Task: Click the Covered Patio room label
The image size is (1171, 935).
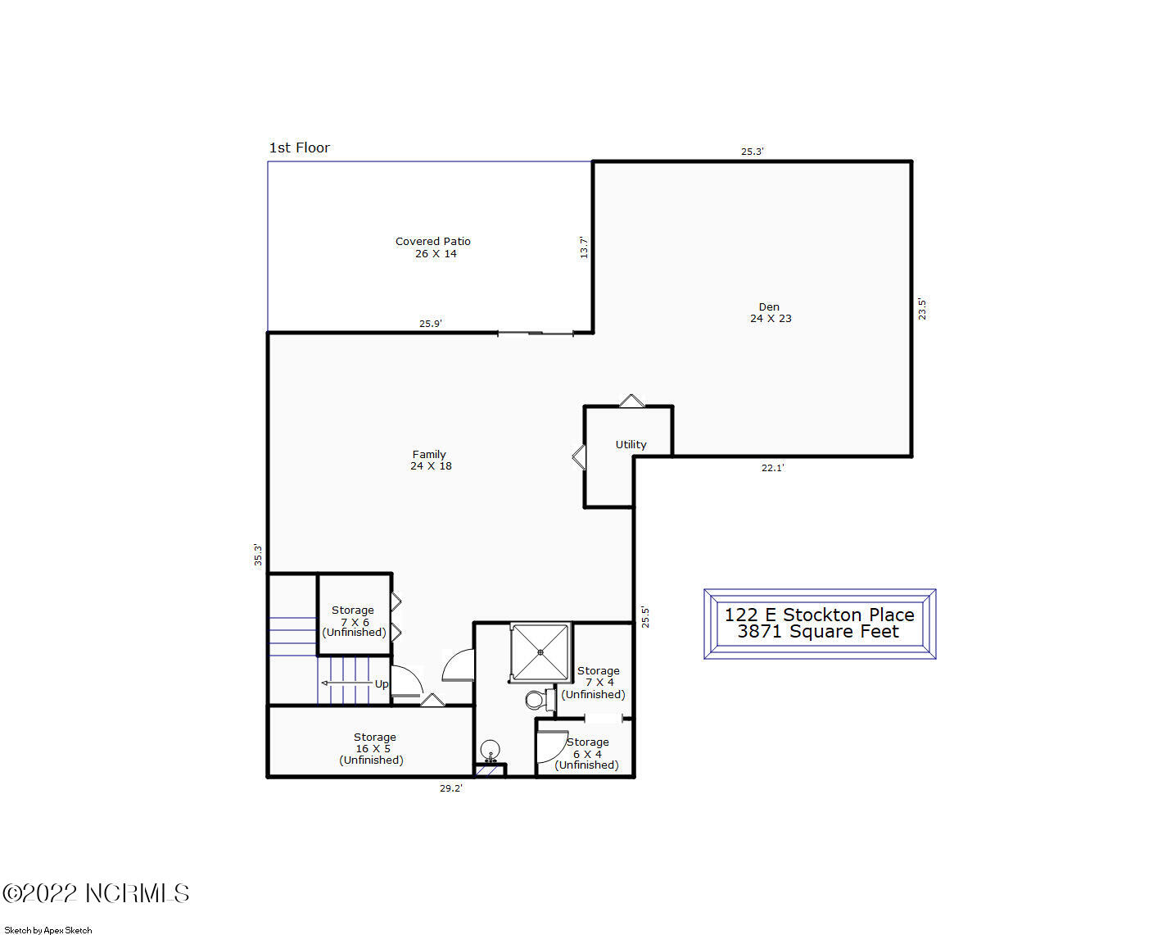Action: (433, 247)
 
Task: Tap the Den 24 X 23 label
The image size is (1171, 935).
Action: (770, 313)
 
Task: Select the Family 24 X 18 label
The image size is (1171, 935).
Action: (430, 460)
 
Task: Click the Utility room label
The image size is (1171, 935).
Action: (631, 444)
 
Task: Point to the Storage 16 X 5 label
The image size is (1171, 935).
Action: (373, 748)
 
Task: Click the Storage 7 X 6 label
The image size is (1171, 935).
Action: (354, 621)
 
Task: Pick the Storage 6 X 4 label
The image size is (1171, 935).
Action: (587, 753)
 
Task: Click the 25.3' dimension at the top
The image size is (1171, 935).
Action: (752, 152)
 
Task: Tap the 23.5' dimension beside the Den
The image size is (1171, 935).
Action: (922, 309)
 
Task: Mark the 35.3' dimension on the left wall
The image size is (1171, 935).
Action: (258, 555)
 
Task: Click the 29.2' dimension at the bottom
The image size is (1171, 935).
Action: (450, 788)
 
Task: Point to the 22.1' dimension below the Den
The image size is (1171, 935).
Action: (772, 468)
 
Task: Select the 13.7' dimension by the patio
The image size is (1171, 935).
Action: (584, 247)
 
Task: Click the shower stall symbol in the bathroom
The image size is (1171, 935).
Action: (540, 652)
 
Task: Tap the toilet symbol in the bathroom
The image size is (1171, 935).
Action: (536, 700)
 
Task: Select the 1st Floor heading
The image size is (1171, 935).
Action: (300, 148)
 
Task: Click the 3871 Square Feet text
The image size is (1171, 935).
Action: (818, 632)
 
